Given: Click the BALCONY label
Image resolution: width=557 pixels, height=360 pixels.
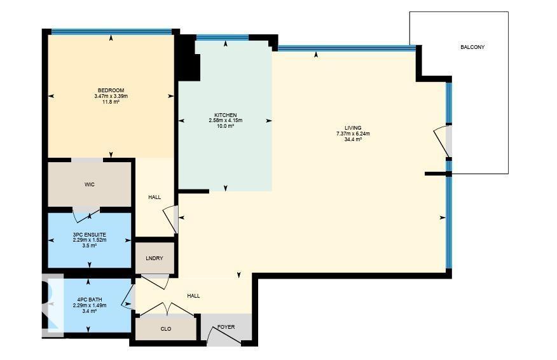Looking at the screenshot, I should point(472,47).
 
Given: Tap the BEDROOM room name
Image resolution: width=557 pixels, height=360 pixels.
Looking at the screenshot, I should point(111,90).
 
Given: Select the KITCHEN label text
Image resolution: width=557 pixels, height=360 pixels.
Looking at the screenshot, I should point(225,115).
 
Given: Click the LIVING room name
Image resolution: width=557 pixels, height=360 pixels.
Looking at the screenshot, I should point(353,128).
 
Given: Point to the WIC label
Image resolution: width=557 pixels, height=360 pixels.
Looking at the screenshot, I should point(90,184).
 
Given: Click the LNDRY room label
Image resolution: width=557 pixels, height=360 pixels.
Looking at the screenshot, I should point(155,258).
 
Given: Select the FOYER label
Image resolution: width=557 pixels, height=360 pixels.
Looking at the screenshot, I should point(226,327).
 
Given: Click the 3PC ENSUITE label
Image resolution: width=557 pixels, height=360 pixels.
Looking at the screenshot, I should point(90,235).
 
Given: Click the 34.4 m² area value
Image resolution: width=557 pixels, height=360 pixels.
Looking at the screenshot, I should point(353,139).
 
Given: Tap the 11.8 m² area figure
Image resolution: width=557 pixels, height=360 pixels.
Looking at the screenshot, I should point(111,102).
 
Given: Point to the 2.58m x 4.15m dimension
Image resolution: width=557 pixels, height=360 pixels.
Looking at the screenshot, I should point(225,121).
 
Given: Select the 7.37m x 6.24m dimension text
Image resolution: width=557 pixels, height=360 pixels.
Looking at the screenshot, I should point(353,134).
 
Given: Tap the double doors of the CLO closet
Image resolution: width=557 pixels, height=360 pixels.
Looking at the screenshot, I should point(167,309).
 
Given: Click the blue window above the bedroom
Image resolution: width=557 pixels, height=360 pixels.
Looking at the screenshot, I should point(111,31).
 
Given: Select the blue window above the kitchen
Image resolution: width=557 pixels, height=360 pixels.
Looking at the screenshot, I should point(222,38).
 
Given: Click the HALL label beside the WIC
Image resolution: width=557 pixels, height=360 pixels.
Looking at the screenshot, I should point(155,197).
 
